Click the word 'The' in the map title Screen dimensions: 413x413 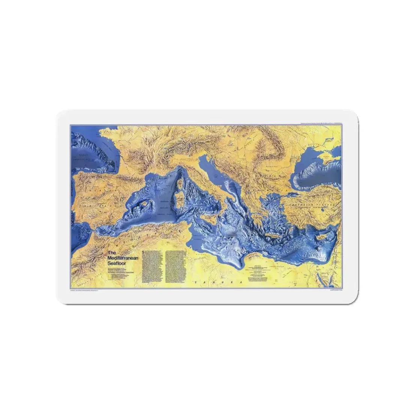[x=111, y=253]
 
